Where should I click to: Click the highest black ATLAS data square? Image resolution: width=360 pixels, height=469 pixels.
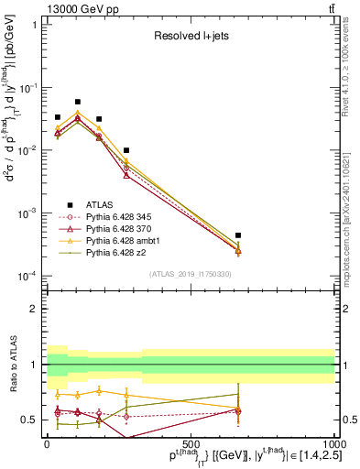click(78, 102)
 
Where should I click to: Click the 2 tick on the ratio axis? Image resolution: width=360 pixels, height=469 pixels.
click(34, 309)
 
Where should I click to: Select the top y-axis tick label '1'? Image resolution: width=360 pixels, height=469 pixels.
click(34, 25)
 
